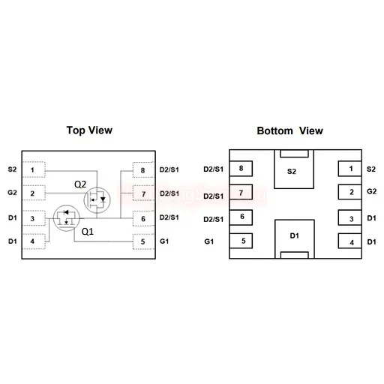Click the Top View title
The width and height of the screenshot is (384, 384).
click(89, 130)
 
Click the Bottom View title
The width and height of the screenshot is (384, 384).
click(289, 130)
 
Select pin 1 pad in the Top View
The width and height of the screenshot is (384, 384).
click(34, 169)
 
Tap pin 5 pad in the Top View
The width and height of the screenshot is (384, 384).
click(143, 241)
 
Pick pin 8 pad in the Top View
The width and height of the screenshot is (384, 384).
click(143, 170)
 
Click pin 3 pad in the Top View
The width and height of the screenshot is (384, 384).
click(34, 218)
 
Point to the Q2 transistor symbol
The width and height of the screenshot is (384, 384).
click(97, 200)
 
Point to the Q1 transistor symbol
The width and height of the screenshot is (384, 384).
click(67, 218)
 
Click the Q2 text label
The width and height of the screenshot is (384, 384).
click(80, 184)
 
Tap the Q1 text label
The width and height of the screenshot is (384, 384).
click(88, 232)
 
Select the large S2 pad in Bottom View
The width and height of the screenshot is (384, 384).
click(294, 169)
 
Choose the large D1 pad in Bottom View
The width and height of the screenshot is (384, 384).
click(295, 239)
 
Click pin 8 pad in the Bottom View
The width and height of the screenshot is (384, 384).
click(241, 169)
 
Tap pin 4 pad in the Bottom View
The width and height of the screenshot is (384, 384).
click(349, 241)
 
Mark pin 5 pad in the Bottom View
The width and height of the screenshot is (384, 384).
click(241, 241)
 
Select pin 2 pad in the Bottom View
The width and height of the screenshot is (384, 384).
click(349, 192)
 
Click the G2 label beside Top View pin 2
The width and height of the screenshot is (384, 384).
click(12, 193)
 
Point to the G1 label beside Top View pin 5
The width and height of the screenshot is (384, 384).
click(164, 241)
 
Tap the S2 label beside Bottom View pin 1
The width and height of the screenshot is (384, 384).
click(371, 169)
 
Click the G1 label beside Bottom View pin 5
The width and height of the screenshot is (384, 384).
click(209, 241)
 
